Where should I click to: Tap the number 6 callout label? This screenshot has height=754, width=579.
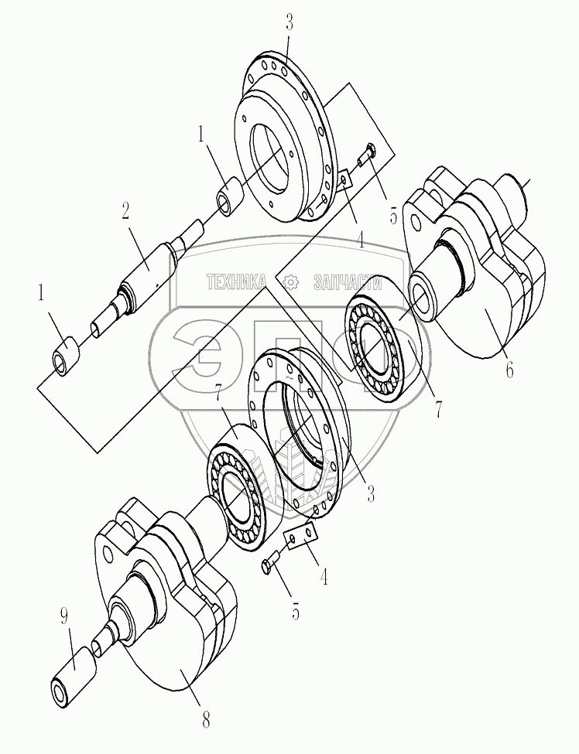click(509, 370)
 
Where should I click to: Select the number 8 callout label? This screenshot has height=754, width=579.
click(205, 721)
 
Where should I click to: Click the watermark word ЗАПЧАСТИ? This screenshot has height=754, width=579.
click(349, 282)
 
